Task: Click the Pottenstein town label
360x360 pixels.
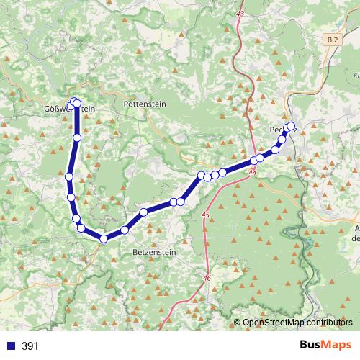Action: (145, 104)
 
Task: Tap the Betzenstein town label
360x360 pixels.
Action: (155, 253)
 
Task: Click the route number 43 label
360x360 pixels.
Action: (240, 14)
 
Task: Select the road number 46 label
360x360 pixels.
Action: (207, 277)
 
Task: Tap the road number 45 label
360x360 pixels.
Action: (206, 215)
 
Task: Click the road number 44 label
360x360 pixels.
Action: (252, 173)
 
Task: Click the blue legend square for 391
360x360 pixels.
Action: (9, 346)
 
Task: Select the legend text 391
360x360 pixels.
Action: (30, 346)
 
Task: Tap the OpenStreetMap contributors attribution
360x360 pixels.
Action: (297, 323)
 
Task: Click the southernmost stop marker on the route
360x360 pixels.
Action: (104, 239)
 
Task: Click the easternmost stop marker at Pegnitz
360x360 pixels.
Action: (291, 126)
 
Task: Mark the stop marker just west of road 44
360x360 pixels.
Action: (223, 172)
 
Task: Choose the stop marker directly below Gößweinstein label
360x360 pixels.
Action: (77, 137)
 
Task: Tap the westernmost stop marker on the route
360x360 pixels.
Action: (69, 176)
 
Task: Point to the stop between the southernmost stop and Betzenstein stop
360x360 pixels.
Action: (125, 230)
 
